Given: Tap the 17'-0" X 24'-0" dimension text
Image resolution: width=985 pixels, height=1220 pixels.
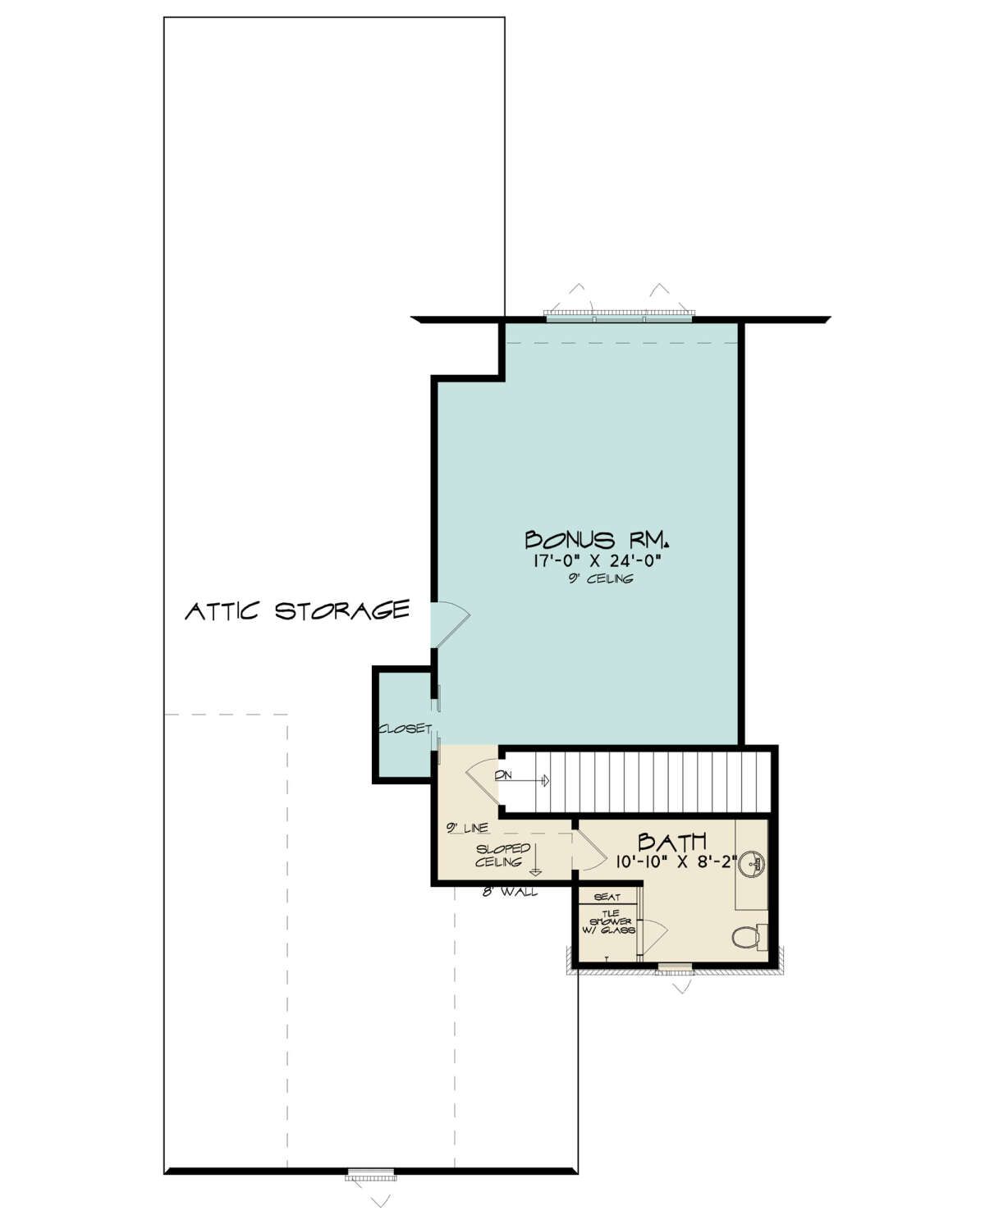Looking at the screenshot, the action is pyautogui.click(x=598, y=561).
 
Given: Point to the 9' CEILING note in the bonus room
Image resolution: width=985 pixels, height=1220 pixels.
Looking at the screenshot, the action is pyautogui.click(x=600, y=578).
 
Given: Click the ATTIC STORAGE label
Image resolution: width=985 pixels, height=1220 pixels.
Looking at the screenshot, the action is pyautogui.click(x=297, y=610).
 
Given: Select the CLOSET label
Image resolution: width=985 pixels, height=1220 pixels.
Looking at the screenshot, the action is pyautogui.click(x=405, y=729).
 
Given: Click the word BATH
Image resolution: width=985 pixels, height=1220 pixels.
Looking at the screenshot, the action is pyautogui.click(x=672, y=841).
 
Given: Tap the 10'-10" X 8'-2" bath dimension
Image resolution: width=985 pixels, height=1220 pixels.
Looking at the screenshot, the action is pyautogui.click(x=676, y=862).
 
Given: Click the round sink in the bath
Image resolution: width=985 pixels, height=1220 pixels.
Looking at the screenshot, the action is pyautogui.click(x=755, y=864).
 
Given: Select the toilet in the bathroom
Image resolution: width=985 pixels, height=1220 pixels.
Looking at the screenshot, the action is pyautogui.click(x=749, y=937).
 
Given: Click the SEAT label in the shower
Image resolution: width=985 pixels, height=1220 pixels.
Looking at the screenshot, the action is pyautogui.click(x=607, y=898).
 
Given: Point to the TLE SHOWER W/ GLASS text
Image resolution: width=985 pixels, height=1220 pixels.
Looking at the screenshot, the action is pyautogui.click(x=611, y=922).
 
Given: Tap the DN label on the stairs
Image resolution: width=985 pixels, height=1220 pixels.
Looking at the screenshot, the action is pyautogui.click(x=503, y=775).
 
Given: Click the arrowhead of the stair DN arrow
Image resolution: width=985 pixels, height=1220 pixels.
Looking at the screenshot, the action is pyautogui.click(x=546, y=780).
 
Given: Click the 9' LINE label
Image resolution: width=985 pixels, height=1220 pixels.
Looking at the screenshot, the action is pyautogui.click(x=467, y=829).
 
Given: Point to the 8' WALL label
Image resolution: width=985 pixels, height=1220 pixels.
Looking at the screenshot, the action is pyautogui.click(x=510, y=892).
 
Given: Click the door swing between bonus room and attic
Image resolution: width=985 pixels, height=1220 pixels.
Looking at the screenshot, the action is pyautogui.click(x=451, y=624).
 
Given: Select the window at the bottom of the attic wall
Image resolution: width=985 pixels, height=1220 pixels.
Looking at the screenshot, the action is pyautogui.click(x=370, y=1175).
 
